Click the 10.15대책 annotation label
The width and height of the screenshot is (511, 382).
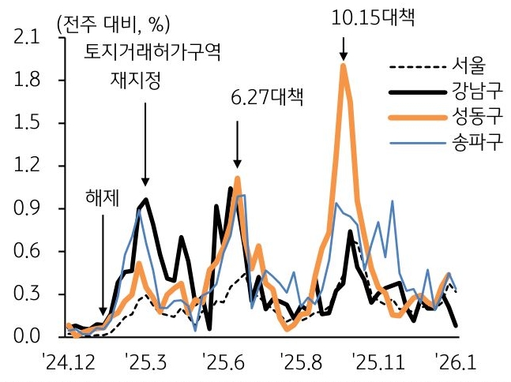373,17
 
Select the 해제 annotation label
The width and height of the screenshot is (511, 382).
102,197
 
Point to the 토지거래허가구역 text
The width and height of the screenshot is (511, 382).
154,54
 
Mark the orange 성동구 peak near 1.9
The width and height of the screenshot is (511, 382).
343,66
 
